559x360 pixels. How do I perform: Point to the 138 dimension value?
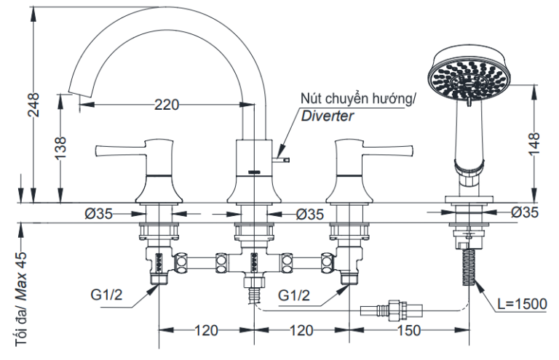[x=62, y=148]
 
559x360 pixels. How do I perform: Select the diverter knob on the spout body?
[x=282, y=156]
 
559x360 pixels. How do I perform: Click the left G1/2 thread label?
[x=108, y=297]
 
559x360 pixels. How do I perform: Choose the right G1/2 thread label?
[x=295, y=297]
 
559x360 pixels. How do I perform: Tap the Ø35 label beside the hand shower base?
[x=524, y=213]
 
